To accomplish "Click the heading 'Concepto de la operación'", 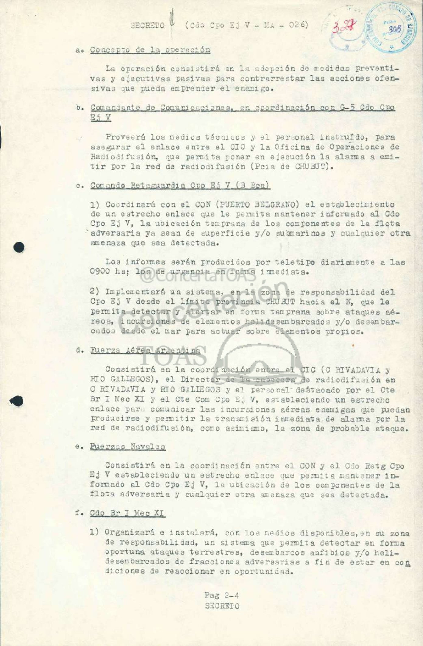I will [150, 50].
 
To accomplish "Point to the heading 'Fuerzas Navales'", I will [128, 447].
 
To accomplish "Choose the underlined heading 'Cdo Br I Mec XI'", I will [128, 513].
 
